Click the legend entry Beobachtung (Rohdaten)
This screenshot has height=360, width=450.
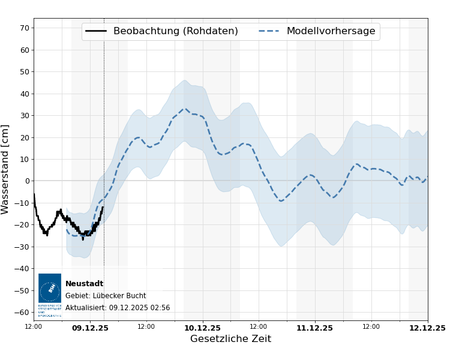pos(175,31)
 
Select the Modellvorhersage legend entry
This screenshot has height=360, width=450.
pos(331,31)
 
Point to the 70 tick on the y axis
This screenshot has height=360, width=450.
pos(24,28)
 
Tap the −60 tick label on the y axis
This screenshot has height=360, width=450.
pos(22,313)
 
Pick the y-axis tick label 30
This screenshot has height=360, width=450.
pos(24,115)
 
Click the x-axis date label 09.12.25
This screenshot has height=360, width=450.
pos(90,328)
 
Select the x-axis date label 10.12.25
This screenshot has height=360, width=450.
pos(202,328)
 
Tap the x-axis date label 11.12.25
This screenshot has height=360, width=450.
pos(314,328)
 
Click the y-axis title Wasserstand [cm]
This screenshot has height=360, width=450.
pos(6,169)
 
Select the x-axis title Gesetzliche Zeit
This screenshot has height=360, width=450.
pos(230,339)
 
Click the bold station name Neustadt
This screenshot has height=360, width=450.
pos(84,284)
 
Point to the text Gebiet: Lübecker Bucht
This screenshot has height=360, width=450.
pos(106,296)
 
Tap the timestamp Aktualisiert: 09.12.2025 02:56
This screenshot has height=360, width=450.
pos(118,308)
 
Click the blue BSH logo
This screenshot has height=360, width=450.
pos(50,289)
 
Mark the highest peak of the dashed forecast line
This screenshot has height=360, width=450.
pos(185,109)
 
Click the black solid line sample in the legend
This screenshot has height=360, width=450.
pos(96,31)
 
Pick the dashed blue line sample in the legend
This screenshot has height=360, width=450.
pos(269,31)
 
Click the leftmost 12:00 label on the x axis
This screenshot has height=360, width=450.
pos(34,327)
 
